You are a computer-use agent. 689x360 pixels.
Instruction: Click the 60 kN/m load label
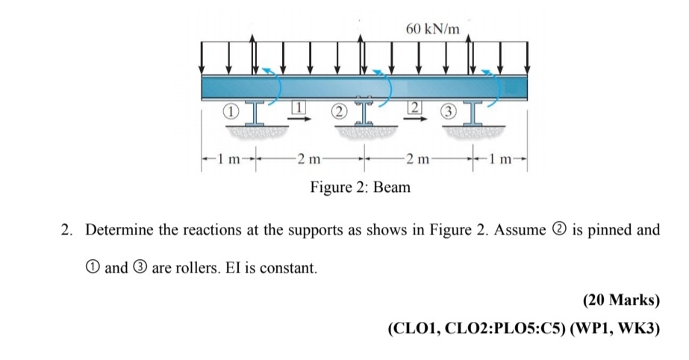(x=434, y=29)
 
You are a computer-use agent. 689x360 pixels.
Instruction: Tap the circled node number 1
(x=232, y=111)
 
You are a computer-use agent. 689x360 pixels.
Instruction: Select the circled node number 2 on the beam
(x=340, y=112)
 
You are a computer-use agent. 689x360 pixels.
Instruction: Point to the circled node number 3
(x=447, y=112)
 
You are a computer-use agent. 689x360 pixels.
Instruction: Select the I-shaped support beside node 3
(x=471, y=114)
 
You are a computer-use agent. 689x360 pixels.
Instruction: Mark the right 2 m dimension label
(x=415, y=158)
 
